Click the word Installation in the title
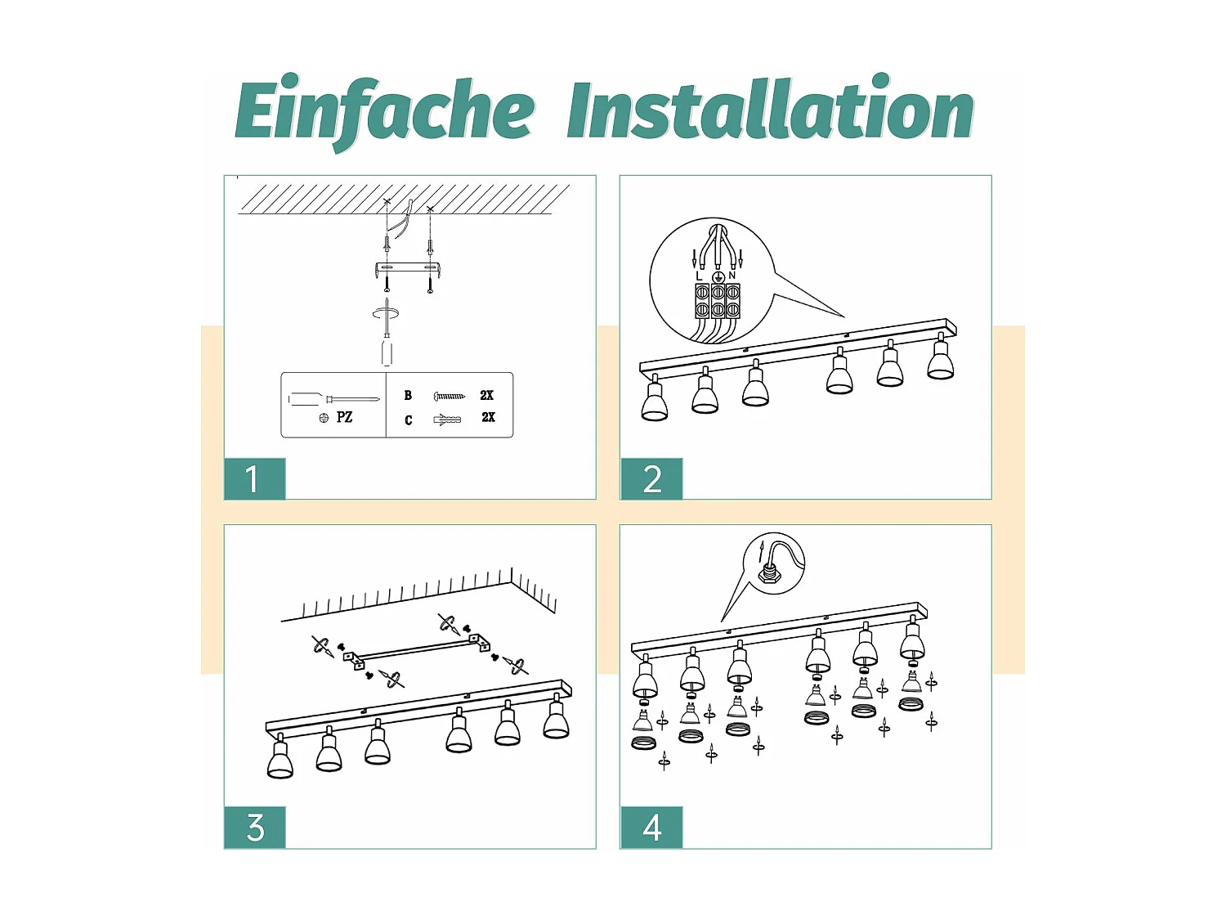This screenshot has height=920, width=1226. point(771,107)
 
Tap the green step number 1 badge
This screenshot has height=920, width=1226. point(255,478)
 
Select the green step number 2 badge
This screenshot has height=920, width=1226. point(651,478)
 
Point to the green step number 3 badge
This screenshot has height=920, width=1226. point(255,828)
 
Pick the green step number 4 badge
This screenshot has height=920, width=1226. point(651,828)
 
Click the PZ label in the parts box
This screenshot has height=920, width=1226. point(344,417)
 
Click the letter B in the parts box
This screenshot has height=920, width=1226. point(409,396)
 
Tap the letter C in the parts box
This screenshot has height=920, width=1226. point(409,420)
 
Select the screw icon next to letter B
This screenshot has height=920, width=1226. point(449,396)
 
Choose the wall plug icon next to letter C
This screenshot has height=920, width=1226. point(447,419)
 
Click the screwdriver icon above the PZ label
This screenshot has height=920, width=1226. point(334,399)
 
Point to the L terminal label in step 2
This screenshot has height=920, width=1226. point(699,276)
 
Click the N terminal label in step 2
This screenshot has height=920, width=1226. point(732,276)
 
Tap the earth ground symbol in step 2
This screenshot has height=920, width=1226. point(718,276)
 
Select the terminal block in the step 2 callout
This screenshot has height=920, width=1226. point(717,301)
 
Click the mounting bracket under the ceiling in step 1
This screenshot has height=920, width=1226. point(408,269)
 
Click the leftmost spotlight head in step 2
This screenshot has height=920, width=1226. point(655,398)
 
